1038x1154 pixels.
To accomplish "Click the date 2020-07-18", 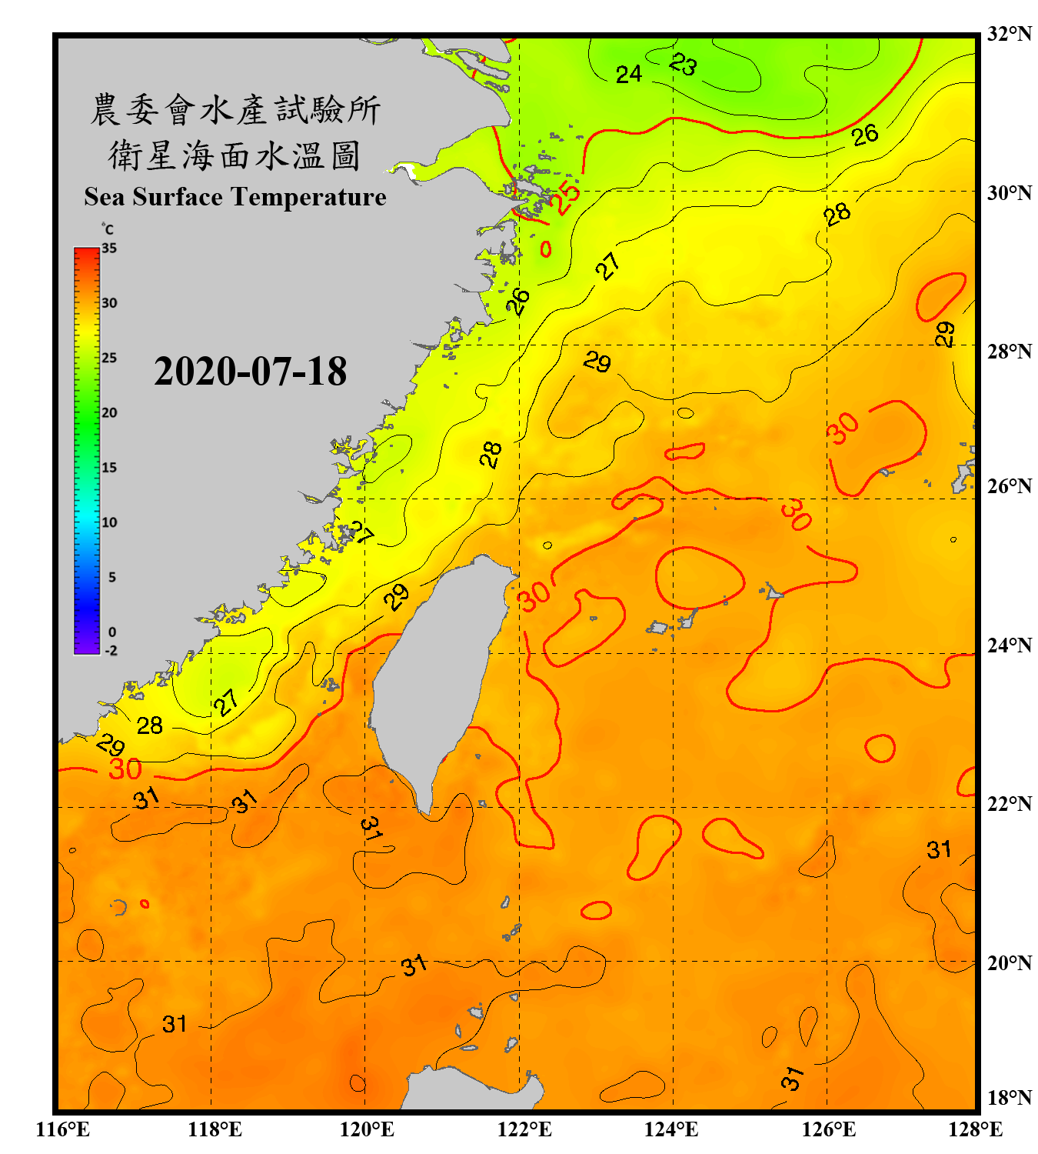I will pos(250,372).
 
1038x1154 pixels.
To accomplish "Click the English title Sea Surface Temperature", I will pos(235,197).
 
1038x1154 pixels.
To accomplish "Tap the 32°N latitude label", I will pos(1009,34).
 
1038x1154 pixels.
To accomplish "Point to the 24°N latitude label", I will pos(1009,645).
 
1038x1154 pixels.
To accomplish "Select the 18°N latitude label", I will pos(1009,1098).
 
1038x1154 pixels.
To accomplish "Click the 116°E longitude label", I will pos(62,1129).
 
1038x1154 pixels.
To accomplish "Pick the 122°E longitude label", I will pos(524,1129).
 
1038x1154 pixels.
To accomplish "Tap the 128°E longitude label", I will pos(975,1129).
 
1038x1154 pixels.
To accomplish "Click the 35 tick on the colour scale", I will pos(109,248).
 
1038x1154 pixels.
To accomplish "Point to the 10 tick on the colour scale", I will pos(109,522).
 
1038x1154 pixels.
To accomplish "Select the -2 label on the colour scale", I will pos(111,650).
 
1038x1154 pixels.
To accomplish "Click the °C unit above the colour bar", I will pos(108,229).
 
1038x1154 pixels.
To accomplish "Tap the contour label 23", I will pos(683,65).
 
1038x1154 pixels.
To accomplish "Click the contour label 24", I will pos(628,74).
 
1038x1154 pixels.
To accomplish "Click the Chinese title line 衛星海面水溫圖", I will pos(235,155).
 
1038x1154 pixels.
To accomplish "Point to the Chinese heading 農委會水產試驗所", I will pos(235,110).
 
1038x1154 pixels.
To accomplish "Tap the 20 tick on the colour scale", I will pos(109,412).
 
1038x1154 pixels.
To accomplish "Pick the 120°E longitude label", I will pos(367,1129).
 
